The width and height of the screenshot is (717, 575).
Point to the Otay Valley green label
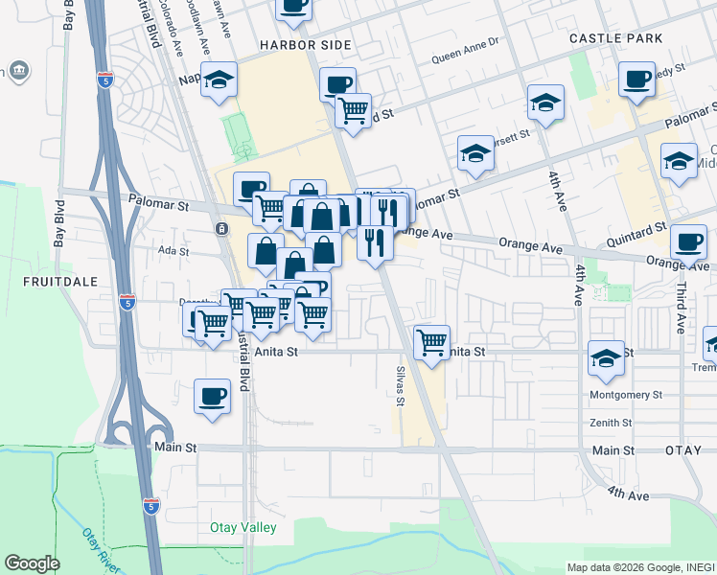tap(243, 528)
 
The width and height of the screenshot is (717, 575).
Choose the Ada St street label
tap(174, 251)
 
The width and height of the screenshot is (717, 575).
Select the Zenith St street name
tap(636, 423)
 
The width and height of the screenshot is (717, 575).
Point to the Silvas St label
tap(401, 384)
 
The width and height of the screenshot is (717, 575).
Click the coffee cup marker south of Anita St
tap(213, 395)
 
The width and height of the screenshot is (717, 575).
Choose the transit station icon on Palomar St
tap(221, 229)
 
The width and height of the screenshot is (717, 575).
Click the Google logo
tap(32, 563)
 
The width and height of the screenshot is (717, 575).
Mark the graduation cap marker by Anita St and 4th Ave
tap(606, 358)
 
